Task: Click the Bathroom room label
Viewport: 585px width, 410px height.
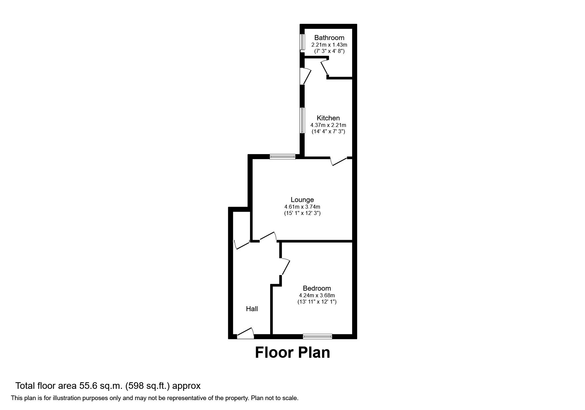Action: pyautogui.click(x=329, y=38)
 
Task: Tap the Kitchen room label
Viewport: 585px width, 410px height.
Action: pyautogui.click(x=328, y=118)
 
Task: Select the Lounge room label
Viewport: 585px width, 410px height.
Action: pyautogui.click(x=302, y=200)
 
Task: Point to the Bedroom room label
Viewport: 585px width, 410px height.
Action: pyautogui.click(x=317, y=288)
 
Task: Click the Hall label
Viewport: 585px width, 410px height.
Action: pyautogui.click(x=252, y=309)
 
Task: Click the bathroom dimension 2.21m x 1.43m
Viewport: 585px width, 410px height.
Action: pyautogui.click(x=329, y=45)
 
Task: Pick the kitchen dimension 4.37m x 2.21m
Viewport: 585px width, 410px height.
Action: pyautogui.click(x=328, y=125)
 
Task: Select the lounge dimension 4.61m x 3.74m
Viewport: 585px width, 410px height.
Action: pyautogui.click(x=302, y=207)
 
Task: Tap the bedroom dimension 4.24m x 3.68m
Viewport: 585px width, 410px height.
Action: pyautogui.click(x=317, y=295)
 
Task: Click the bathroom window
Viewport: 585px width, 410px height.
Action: pyautogui.click(x=302, y=42)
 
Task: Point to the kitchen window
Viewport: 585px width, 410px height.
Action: pyautogui.click(x=302, y=120)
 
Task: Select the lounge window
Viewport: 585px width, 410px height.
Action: pyautogui.click(x=282, y=157)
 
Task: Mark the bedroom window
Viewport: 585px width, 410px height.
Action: pyautogui.click(x=317, y=337)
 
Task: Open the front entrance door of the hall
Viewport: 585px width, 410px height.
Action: pyautogui.click(x=245, y=334)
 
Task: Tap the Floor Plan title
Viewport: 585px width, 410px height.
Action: pyautogui.click(x=292, y=352)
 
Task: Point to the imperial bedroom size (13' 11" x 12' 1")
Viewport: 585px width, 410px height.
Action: pyautogui.click(x=317, y=302)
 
